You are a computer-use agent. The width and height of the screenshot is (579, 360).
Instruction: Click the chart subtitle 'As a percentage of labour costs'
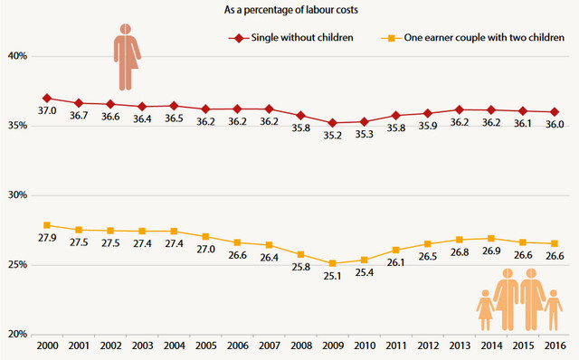[x=291, y=10]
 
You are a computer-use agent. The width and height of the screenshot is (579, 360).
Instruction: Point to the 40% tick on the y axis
[x=18, y=56]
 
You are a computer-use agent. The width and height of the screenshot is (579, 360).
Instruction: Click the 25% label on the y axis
[x=18, y=265]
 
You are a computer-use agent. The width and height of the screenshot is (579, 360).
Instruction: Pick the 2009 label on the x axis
[x=333, y=346]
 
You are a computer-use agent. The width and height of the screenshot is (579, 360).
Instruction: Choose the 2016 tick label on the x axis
[x=555, y=346]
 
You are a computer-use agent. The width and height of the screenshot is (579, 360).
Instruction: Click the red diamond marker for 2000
[x=47, y=99]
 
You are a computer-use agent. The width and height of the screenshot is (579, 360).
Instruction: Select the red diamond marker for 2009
[x=332, y=123]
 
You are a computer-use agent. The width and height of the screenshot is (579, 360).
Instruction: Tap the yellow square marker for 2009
[x=332, y=263]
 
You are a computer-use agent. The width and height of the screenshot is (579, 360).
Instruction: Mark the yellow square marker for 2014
[x=491, y=239]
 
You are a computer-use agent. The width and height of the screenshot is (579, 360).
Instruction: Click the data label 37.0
[x=47, y=110]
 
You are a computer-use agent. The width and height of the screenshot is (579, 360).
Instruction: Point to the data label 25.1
[x=332, y=276]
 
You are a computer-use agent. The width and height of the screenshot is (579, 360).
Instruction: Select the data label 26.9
[x=491, y=251]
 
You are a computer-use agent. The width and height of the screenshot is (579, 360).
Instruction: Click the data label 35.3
[x=365, y=135]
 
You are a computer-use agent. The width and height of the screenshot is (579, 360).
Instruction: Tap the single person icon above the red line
[x=127, y=57]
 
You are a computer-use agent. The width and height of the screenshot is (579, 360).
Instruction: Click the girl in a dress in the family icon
[x=485, y=310]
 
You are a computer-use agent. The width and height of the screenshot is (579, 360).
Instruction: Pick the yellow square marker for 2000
[x=47, y=225]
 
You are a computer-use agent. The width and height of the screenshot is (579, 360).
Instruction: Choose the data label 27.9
[x=47, y=238]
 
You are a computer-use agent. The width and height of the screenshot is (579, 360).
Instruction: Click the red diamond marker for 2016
[x=555, y=112]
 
